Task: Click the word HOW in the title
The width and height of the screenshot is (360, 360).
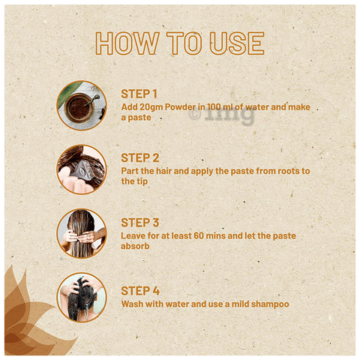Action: (127, 43)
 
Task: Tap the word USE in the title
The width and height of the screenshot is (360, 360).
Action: (237, 43)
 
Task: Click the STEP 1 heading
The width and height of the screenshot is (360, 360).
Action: (139, 94)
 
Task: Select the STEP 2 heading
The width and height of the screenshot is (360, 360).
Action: (140, 158)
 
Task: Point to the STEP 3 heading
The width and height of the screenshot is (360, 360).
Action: (140, 223)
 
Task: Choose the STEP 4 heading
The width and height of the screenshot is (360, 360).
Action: (140, 291)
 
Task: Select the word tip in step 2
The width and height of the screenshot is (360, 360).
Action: (142, 181)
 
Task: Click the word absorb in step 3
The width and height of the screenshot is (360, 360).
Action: (135, 246)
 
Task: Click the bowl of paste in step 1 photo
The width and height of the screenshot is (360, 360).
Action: (79, 108)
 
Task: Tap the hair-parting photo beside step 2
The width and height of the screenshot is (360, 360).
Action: (82, 169)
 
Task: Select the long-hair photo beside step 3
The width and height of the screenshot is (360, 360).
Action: (82, 234)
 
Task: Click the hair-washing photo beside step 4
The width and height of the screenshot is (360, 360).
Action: (82, 298)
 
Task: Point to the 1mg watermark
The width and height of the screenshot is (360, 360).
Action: (221, 115)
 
